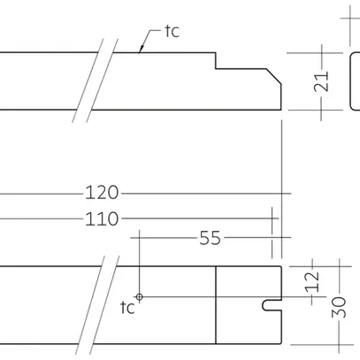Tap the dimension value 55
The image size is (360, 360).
pos(211,238)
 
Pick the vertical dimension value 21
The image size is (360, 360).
pos(323,81)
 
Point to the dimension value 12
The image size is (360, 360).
pos(311,281)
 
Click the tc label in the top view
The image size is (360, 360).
pos(172,31)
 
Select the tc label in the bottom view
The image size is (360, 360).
pos(127,308)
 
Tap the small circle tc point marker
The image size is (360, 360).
pos(139,296)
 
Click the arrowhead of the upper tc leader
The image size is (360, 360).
pos(142,51)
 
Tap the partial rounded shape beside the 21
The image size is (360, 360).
pos(355,81)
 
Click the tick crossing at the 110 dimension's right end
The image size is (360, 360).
pos(272,218)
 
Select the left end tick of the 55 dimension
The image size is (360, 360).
pos(140,238)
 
